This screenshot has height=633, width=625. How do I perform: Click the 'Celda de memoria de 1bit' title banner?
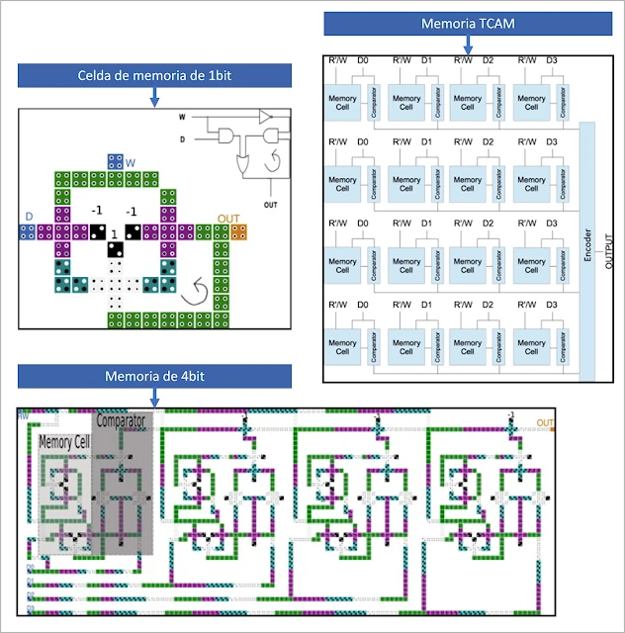pos(154,76)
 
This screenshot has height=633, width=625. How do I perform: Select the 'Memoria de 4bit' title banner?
pos(154,376)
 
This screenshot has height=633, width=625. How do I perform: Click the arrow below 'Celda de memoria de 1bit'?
pos(154,96)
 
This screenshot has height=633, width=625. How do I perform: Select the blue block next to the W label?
pos(116,161)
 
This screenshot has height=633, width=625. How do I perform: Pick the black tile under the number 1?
pos(114,247)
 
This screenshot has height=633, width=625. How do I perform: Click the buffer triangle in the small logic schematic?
pos(265,117)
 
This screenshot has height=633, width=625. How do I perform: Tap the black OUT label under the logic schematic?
pos(270,205)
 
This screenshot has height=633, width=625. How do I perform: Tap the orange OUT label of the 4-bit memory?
pos(545,423)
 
